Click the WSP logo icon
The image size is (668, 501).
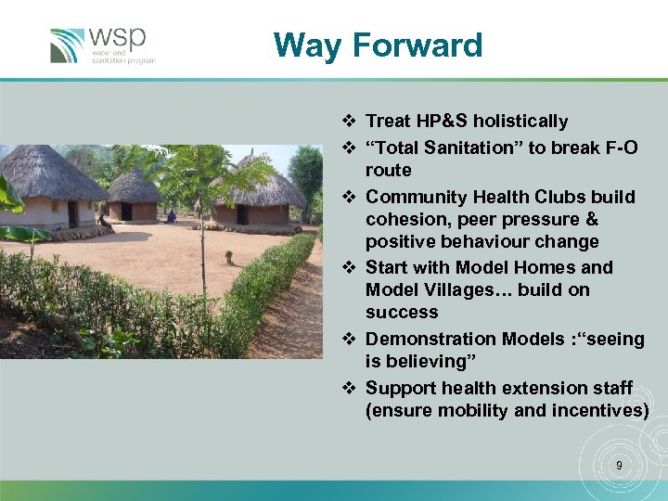tap(68, 45)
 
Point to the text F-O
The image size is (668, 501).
tap(619, 148)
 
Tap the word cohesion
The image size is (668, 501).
tap(406, 219)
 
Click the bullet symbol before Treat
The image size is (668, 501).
tap(348, 122)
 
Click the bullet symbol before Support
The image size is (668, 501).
tap(348, 389)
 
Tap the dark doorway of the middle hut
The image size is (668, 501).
tap(125, 211)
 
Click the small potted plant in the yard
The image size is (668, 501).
tap(228, 256)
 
